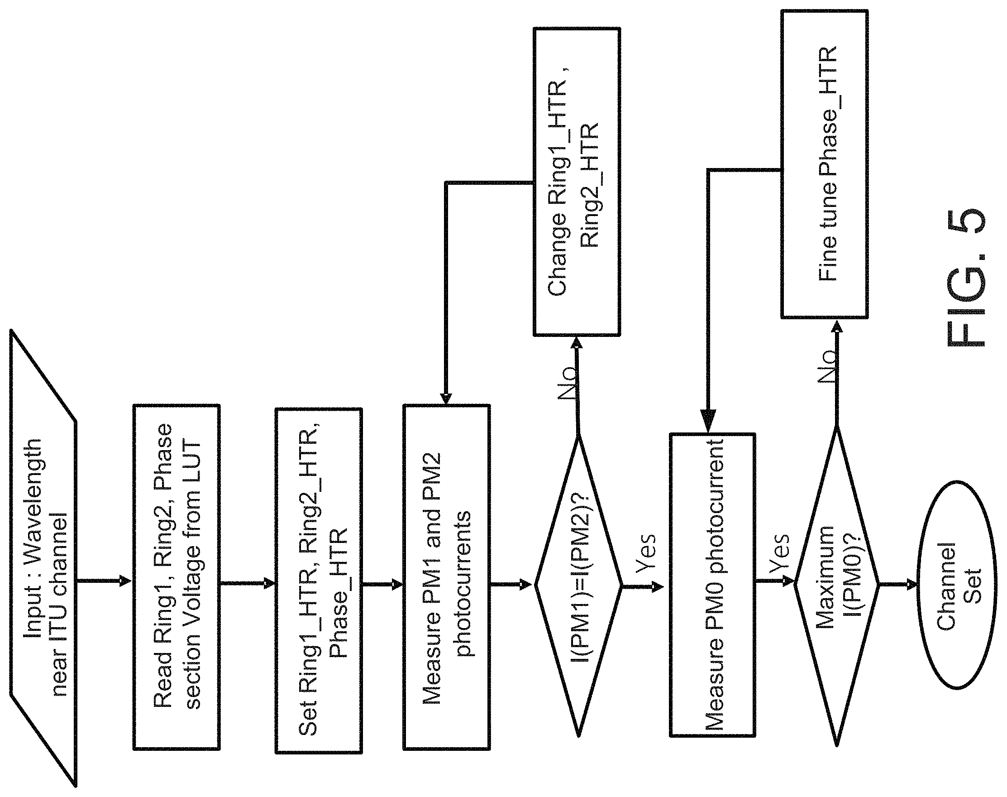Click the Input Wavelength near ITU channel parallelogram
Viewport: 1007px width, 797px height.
click(43, 557)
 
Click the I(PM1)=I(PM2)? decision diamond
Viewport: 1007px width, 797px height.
click(578, 584)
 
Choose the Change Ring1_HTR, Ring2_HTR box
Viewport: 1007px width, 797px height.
click(577, 182)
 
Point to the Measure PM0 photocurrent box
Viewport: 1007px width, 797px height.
click(713, 585)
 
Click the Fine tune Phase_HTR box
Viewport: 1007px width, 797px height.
click(824, 164)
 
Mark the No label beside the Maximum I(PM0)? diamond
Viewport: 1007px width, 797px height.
click(827, 366)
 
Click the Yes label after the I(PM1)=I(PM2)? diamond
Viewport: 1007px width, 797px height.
click(646, 553)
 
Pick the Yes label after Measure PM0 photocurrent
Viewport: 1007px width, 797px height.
click(779, 553)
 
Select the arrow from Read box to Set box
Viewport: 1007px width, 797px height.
click(248, 583)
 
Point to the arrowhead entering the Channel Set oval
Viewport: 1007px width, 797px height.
click(912, 584)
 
